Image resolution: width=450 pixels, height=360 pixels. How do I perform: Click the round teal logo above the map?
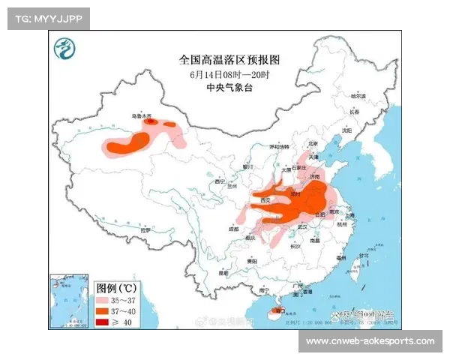point(64,50)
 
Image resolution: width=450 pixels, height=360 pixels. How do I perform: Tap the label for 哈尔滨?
point(359,97)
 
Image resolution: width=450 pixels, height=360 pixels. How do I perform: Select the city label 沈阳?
point(346,130)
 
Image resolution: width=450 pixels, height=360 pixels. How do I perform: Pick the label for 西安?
point(265,201)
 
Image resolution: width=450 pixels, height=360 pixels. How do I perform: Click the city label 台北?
point(364,256)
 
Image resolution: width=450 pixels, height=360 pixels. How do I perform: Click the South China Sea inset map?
point(70,301)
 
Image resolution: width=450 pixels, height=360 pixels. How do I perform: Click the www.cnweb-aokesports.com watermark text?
point(370,342)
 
